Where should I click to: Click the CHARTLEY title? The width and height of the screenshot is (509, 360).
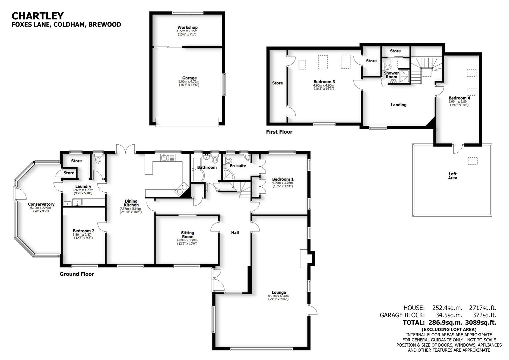click(x=38, y=16)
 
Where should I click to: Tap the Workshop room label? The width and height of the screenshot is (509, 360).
click(x=187, y=27)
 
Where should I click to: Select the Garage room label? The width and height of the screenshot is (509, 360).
click(x=189, y=78)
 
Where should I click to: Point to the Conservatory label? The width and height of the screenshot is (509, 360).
click(x=41, y=204)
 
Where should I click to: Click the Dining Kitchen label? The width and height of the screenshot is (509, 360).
click(x=131, y=203)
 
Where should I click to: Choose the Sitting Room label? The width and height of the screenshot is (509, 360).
click(x=188, y=235)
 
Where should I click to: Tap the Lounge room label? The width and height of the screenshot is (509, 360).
click(x=278, y=293)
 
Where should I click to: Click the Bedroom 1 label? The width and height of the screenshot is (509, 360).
click(x=282, y=179)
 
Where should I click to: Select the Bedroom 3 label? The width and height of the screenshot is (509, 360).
click(x=324, y=82)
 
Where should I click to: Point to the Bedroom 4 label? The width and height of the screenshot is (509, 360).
click(x=459, y=98)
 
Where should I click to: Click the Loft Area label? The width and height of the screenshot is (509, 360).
click(x=452, y=176)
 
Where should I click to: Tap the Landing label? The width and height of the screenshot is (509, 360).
click(x=398, y=105)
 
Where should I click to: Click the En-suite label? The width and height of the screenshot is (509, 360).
click(x=238, y=166)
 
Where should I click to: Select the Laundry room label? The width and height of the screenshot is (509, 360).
click(x=83, y=186)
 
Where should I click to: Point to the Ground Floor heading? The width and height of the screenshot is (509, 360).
click(x=77, y=274)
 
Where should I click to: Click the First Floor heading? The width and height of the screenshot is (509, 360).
click(x=279, y=132)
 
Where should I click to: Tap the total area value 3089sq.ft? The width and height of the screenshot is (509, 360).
click(x=481, y=322)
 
